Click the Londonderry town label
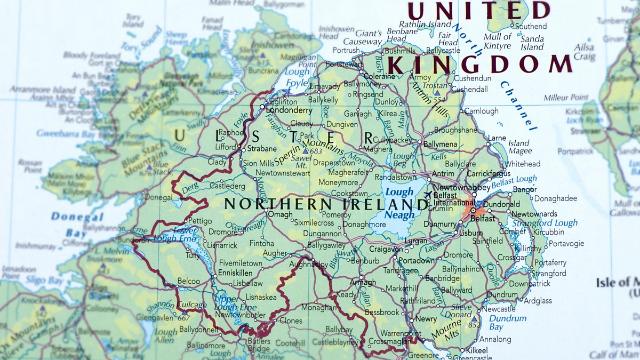(x=289, y=110)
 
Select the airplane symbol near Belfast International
(x=428, y=195)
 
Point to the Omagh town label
(x=280, y=214)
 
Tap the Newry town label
(x=426, y=318)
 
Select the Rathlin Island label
(x=425, y=24)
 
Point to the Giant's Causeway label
(x=362, y=37)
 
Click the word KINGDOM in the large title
(x=479, y=64)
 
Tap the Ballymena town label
(x=441, y=144)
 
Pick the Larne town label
(x=497, y=138)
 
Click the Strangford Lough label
(x=543, y=223)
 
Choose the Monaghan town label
(x=318, y=308)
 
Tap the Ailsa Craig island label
(x=585, y=52)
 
